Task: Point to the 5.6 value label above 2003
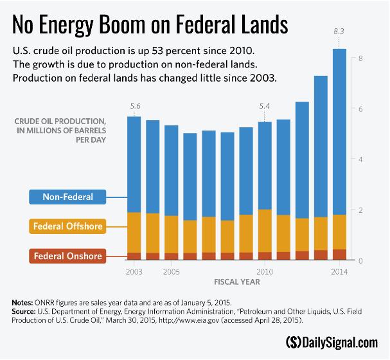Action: pos(134,106)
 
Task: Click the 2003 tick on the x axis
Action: pos(134,271)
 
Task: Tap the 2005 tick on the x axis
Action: pos(171,271)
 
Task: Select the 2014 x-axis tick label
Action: pos(339,271)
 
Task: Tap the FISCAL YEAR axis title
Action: pos(236,282)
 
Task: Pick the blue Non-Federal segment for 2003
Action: pos(134,164)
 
